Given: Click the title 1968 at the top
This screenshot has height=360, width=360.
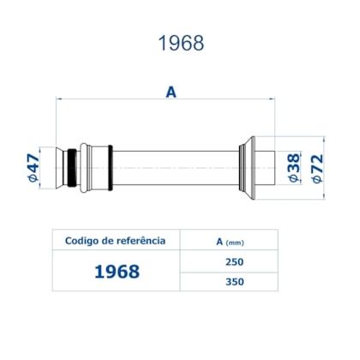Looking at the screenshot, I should click(181, 44).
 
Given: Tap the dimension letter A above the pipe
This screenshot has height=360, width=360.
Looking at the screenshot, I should click(171, 92).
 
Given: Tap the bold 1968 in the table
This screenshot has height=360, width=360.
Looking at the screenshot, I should click(116, 272).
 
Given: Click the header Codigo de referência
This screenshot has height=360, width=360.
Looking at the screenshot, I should click(116, 241).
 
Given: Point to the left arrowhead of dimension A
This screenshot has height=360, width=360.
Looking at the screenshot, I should click(59, 99).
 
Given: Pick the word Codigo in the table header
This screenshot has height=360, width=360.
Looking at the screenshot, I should click(84, 241).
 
